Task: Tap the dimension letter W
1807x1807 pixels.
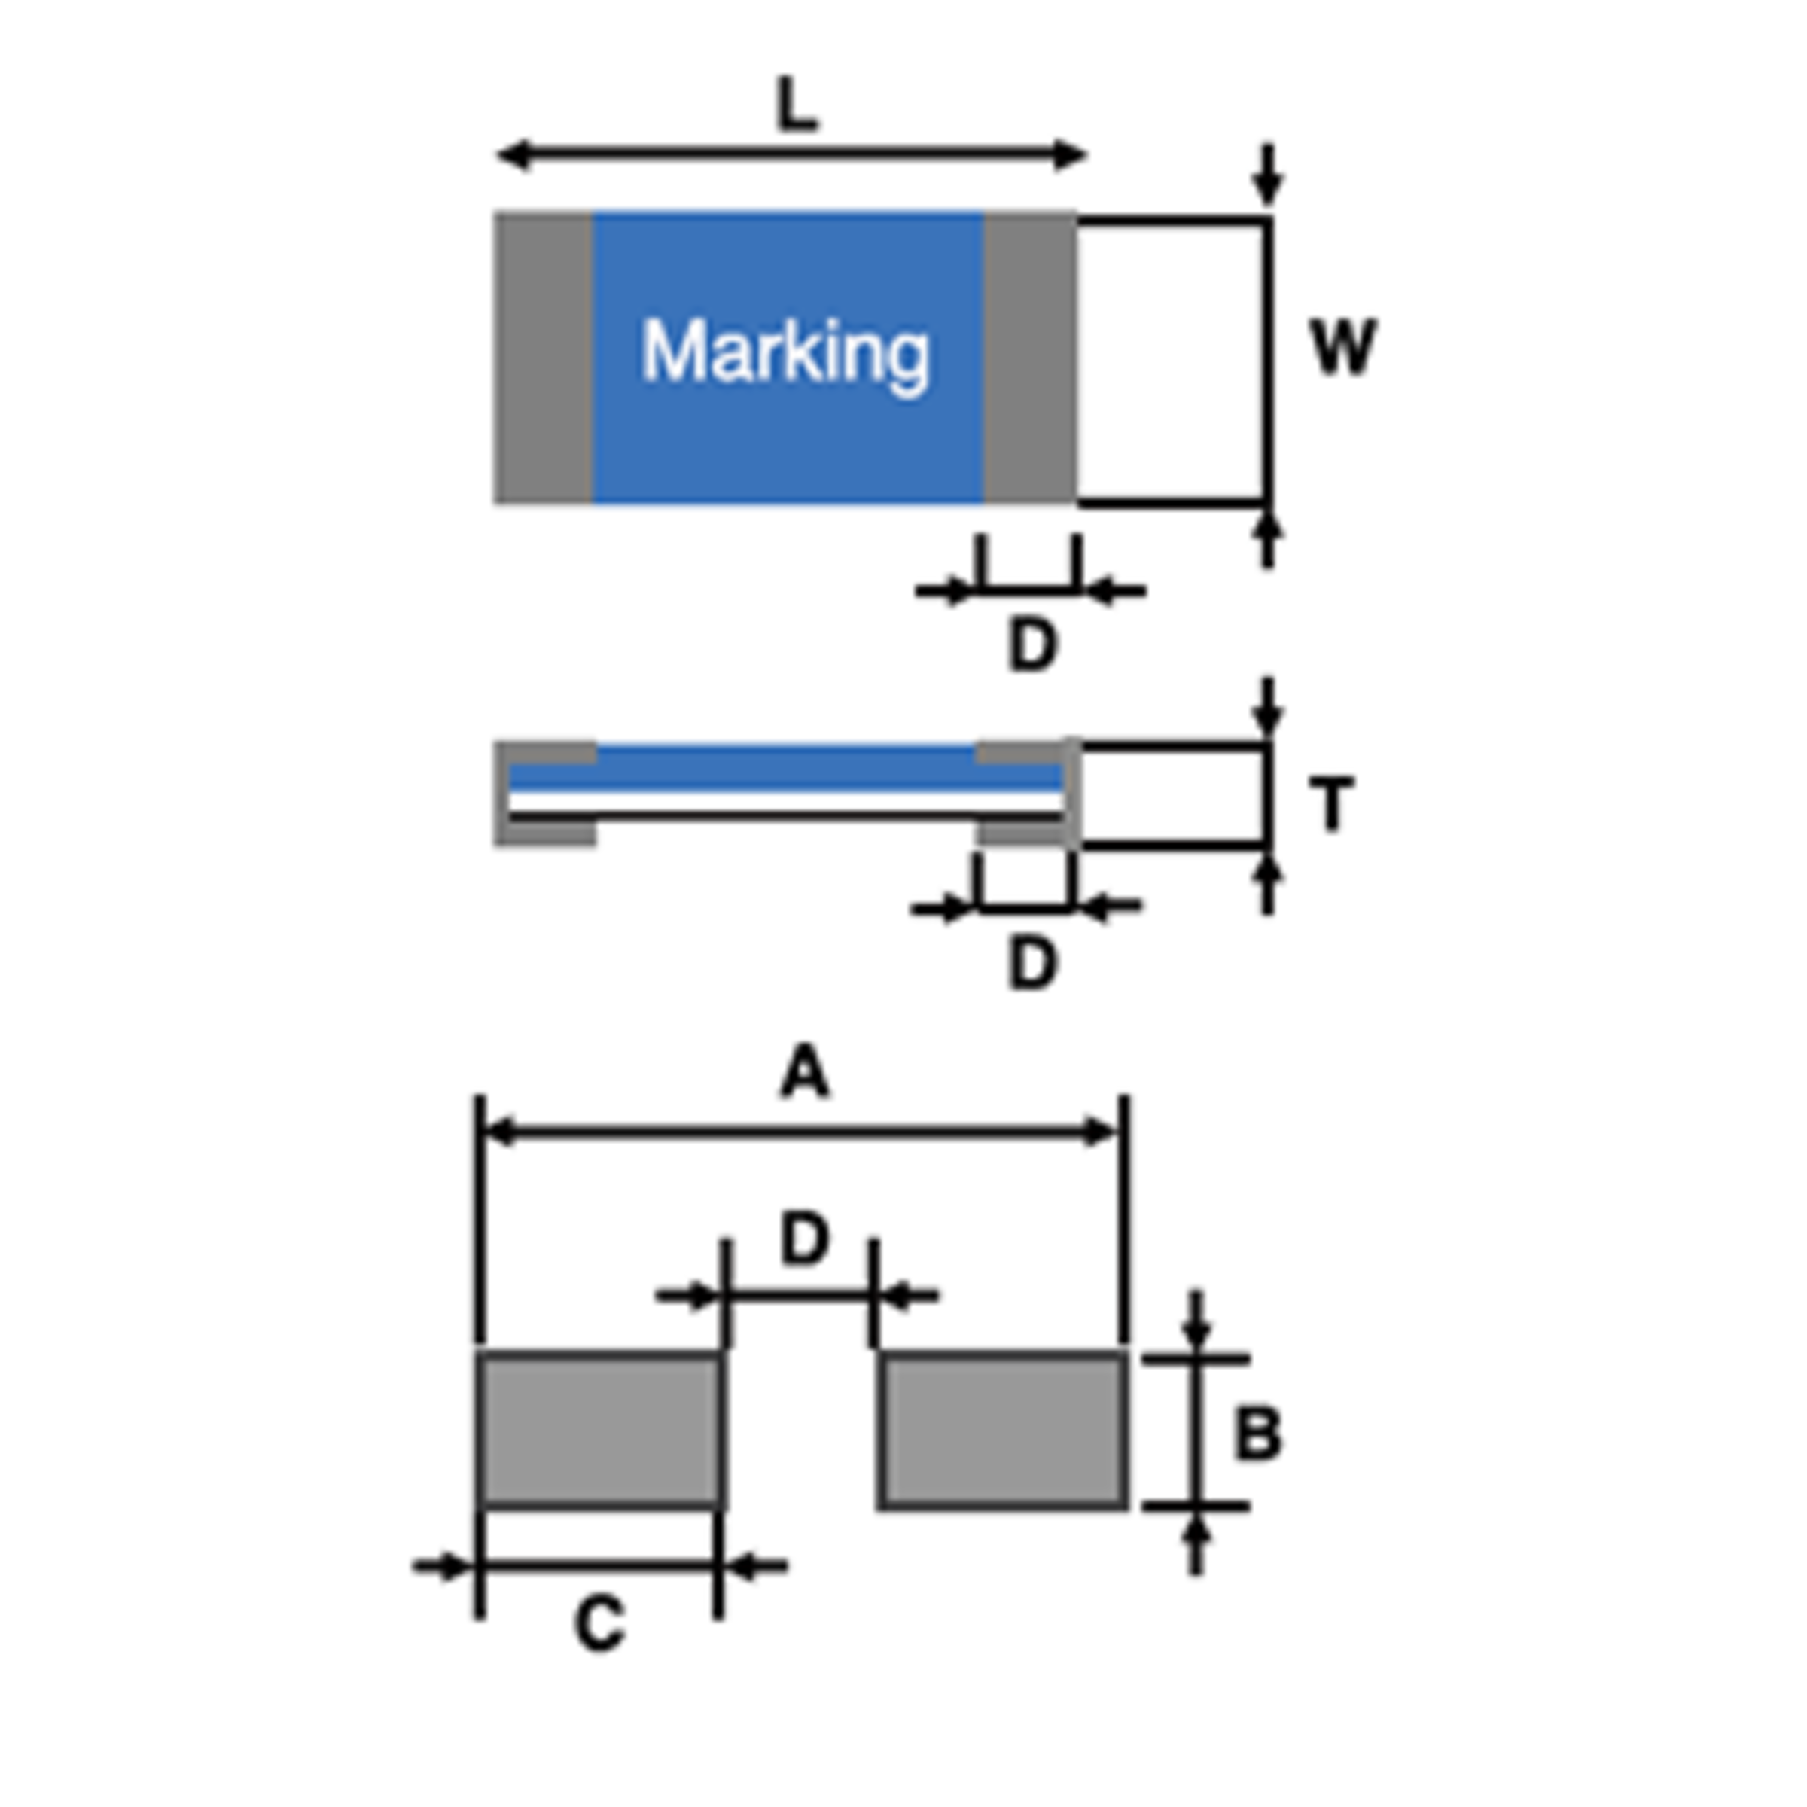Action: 1344,347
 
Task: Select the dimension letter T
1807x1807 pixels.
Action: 1332,803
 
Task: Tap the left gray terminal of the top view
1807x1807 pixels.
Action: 544,358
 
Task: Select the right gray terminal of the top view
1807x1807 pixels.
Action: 1030,358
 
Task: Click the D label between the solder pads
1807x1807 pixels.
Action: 804,1239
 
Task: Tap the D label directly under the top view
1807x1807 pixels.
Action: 1032,645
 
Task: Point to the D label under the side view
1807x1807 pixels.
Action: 1032,964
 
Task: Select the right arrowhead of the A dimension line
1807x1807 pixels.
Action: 1099,1132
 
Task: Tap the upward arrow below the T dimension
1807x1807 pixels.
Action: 1267,883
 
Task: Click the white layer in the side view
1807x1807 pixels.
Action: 785,803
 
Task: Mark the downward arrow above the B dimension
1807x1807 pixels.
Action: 1196,1323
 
